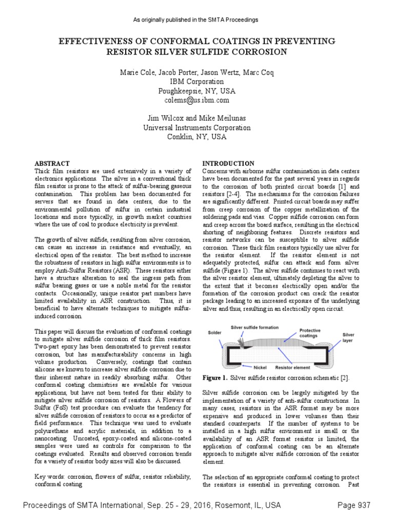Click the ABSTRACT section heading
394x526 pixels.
[51, 163]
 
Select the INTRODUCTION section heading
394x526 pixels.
[228, 163]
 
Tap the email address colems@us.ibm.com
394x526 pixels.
[197, 100]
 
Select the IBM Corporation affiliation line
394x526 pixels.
[197, 82]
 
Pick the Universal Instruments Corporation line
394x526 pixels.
[197, 128]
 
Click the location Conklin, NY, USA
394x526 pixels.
[197, 137]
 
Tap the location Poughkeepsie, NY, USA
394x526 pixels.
[197, 91]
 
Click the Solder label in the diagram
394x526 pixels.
[214, 332]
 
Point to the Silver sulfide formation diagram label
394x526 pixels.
[254, 327]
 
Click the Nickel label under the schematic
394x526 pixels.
[260, 368]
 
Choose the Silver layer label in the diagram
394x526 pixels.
[349, 337]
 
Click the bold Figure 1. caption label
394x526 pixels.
[215, 378]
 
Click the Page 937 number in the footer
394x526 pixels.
[353, 505]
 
